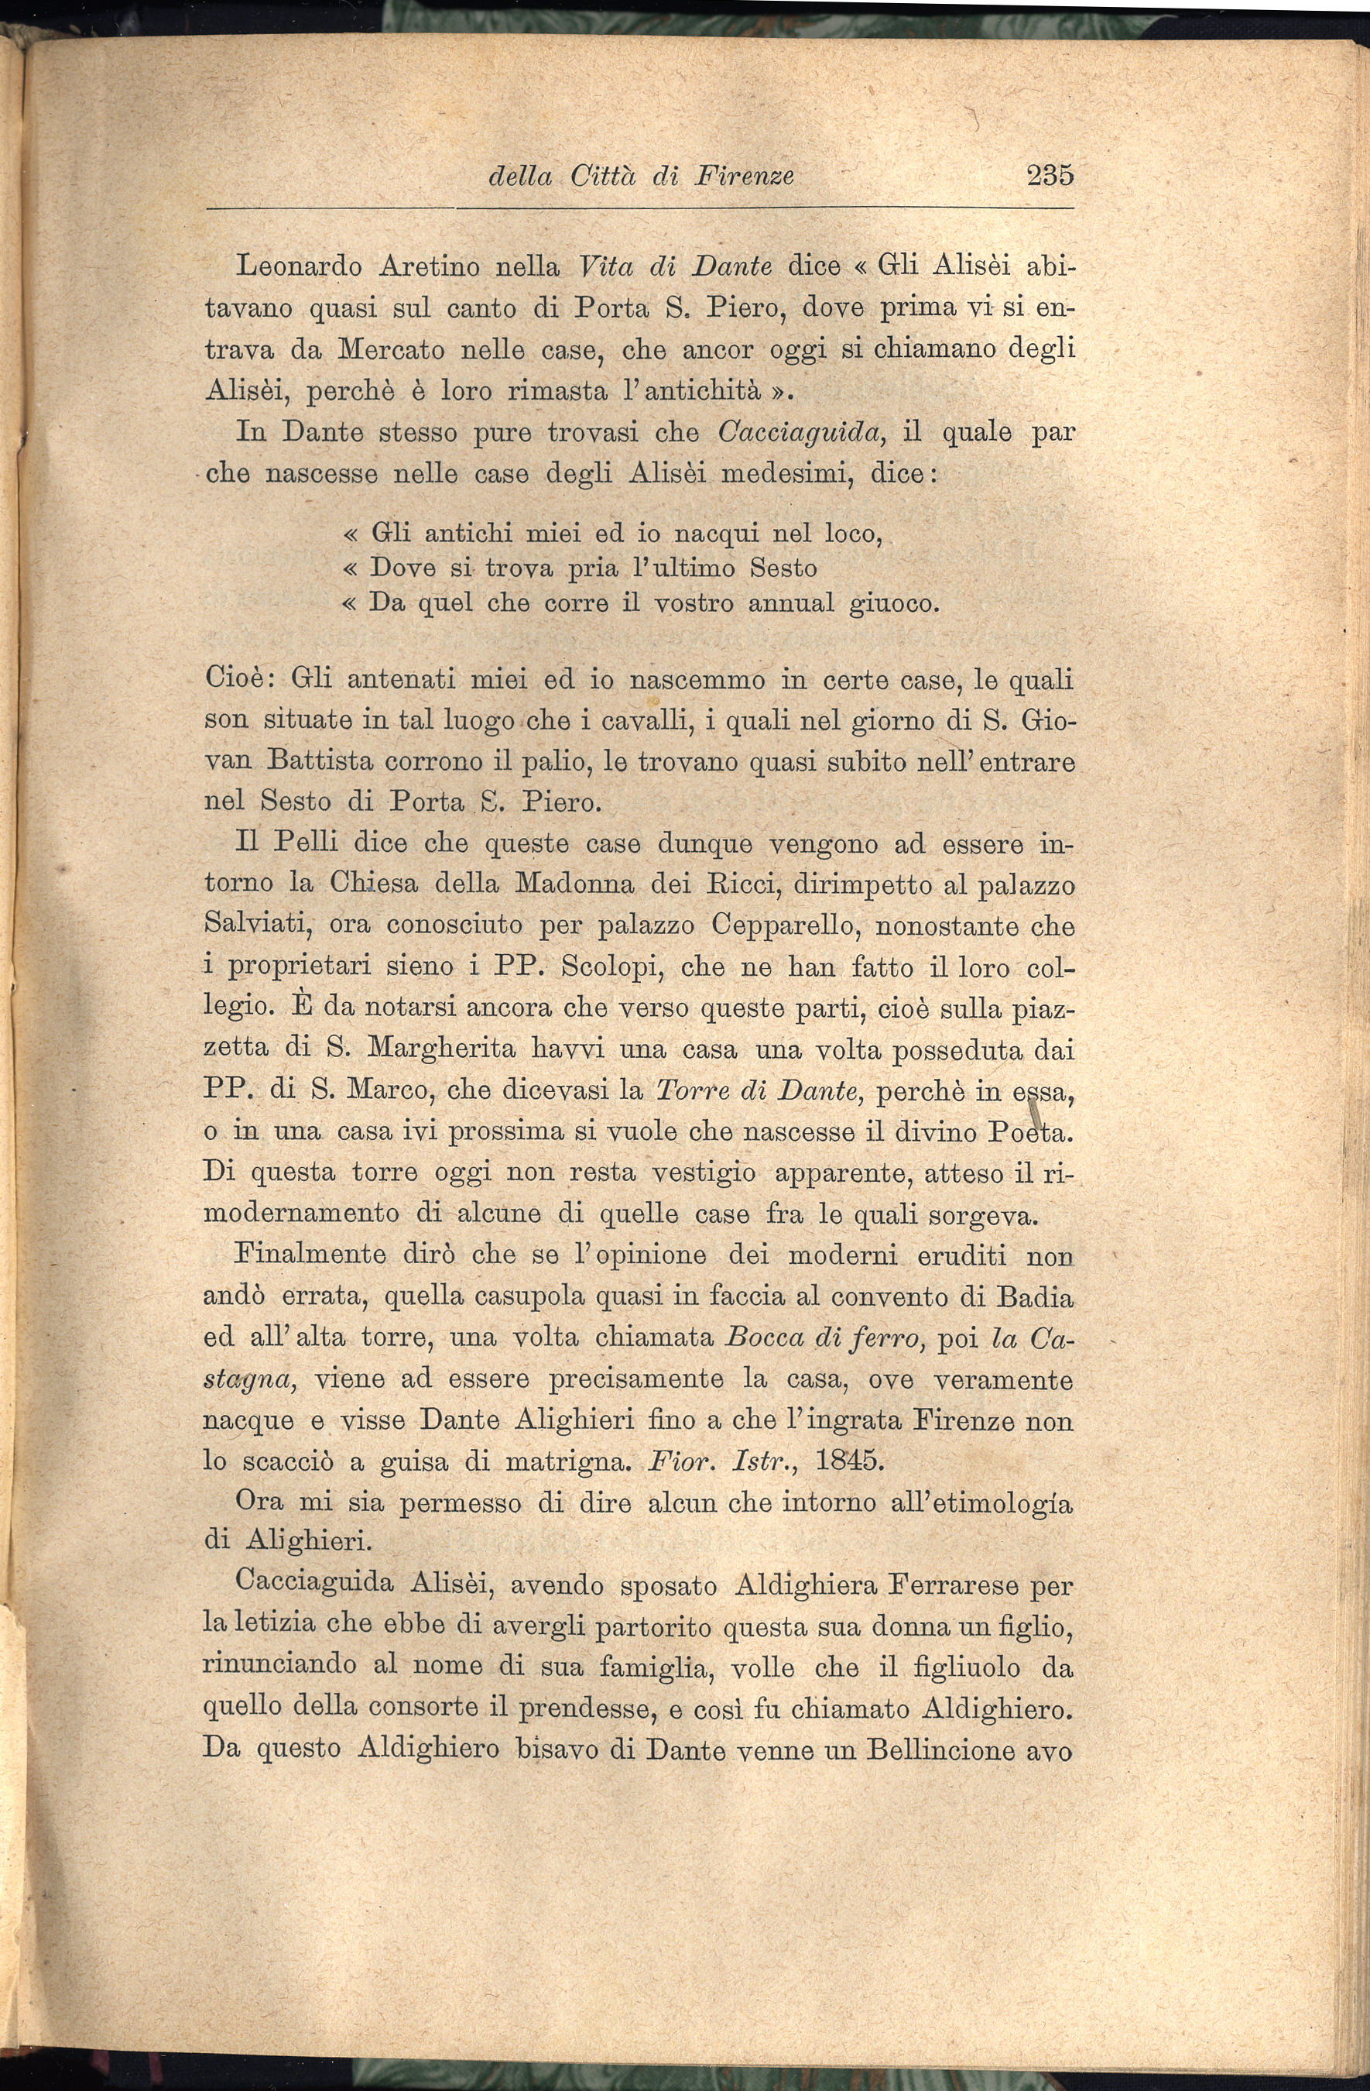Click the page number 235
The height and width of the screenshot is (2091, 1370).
1050,175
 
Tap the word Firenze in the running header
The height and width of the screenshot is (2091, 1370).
744,177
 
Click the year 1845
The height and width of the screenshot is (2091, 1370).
848,1459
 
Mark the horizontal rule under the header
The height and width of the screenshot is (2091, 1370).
639,209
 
